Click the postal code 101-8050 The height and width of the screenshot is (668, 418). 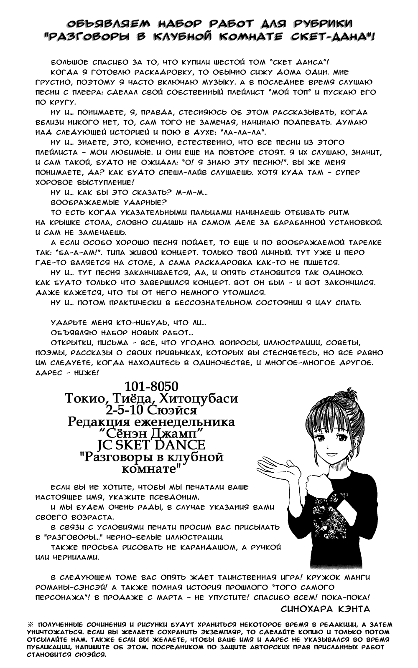tap(152, 386)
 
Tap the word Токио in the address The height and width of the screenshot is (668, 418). tap(82, 398)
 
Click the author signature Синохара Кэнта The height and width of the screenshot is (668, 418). tap(326, 608)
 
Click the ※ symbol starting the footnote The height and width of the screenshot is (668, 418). tap(30, 625)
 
